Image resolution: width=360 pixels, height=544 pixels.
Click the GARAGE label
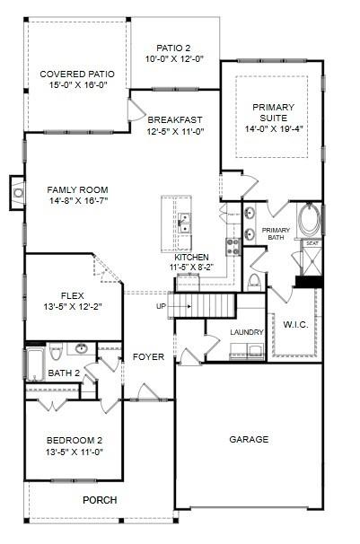tap(249, 439)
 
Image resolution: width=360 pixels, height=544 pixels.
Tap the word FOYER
tap(148, 356)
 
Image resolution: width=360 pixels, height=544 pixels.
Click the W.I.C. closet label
tap(295, 324)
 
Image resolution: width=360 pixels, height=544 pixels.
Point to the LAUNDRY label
tap(245, 332)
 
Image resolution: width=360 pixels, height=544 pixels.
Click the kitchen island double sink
tap(184, 222)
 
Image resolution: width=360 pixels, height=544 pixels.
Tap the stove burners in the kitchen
tap(231, 235)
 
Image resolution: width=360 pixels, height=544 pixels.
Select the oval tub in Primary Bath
tap(307, 218)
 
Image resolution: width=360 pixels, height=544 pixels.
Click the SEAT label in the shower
tap(312, 243)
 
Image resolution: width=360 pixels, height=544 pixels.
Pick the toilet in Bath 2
tap(55, 351)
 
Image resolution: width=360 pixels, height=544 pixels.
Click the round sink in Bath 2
tap(82, 348)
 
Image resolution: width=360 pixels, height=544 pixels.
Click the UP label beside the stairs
tap(162, 306)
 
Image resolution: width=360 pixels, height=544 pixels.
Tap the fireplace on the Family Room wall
tap(18, 190)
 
